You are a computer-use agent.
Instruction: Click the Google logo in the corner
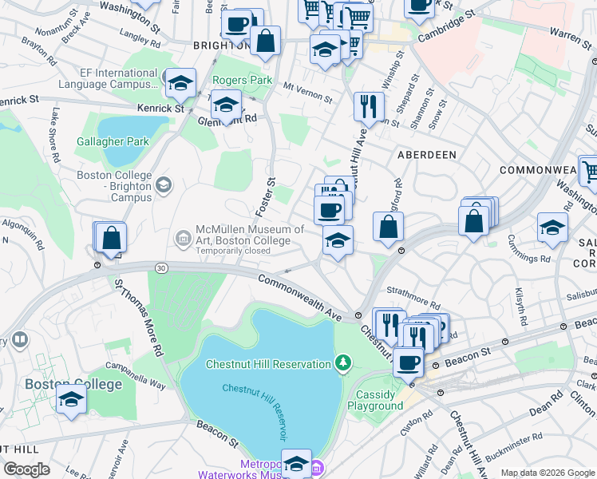tap(27, 469)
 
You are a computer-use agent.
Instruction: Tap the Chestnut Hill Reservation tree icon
tap(343, 364)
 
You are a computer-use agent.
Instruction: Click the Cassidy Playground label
tap(375, 400)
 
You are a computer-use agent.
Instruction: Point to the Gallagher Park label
tap(113, 141)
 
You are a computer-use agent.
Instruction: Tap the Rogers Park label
tap(242, 81)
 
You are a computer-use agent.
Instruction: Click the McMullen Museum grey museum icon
tap(183, 237)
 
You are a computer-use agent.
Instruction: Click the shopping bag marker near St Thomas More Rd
tap(112, 238)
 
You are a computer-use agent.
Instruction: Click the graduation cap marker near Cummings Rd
tap(552, 228)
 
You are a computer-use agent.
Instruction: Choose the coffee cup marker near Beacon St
tap(409, 362)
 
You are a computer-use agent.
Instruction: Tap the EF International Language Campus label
tap(114, 78)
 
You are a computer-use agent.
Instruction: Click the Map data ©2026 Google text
tap(546, 473)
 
